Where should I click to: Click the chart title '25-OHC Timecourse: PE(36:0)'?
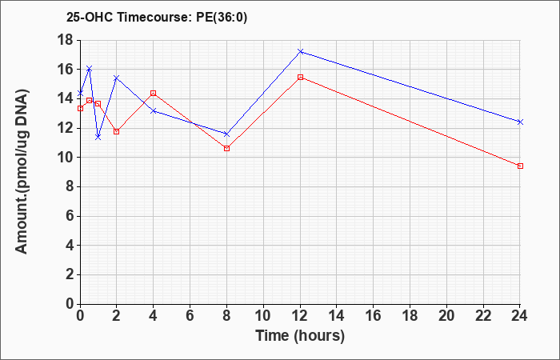157,18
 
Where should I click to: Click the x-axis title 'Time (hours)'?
300,336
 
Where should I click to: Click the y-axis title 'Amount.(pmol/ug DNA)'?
22,172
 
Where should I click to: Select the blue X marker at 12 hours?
300,51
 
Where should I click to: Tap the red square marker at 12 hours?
300,77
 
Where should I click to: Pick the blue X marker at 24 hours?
520,122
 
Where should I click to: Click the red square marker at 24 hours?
520,166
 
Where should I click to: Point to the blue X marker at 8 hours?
226,134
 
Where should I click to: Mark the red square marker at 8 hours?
226,148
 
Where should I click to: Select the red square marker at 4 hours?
154,94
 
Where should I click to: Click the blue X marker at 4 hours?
154,111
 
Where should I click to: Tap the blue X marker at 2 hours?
117,78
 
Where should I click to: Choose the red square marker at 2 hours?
117,131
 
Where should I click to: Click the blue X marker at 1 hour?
98,137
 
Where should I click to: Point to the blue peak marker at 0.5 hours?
90,69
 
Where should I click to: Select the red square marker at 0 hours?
80,108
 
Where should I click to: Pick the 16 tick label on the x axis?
374,316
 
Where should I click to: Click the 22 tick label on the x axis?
483,316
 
